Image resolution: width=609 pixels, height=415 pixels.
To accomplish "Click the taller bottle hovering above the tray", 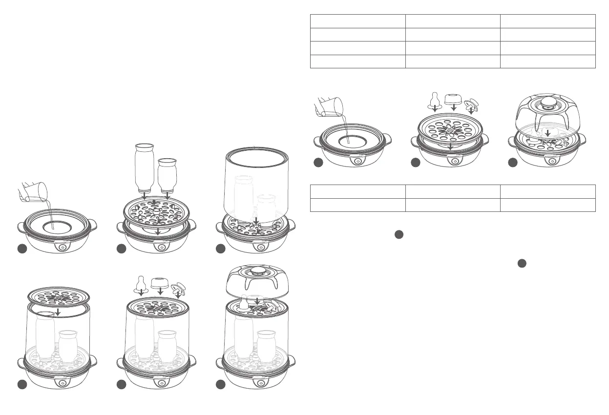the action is click(x=144, y=166).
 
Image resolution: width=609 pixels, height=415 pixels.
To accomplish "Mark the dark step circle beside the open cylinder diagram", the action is click(x=221, y=249).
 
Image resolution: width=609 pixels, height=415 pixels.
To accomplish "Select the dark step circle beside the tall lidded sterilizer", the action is click(x=221, y=385).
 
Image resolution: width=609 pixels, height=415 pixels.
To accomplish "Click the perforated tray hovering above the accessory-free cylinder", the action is click(x=59, y=297).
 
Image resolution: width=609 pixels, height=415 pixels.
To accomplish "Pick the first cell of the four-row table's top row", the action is click(x=358, y=21).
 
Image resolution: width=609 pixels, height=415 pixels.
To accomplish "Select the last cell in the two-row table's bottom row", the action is click(x=548, y=205).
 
